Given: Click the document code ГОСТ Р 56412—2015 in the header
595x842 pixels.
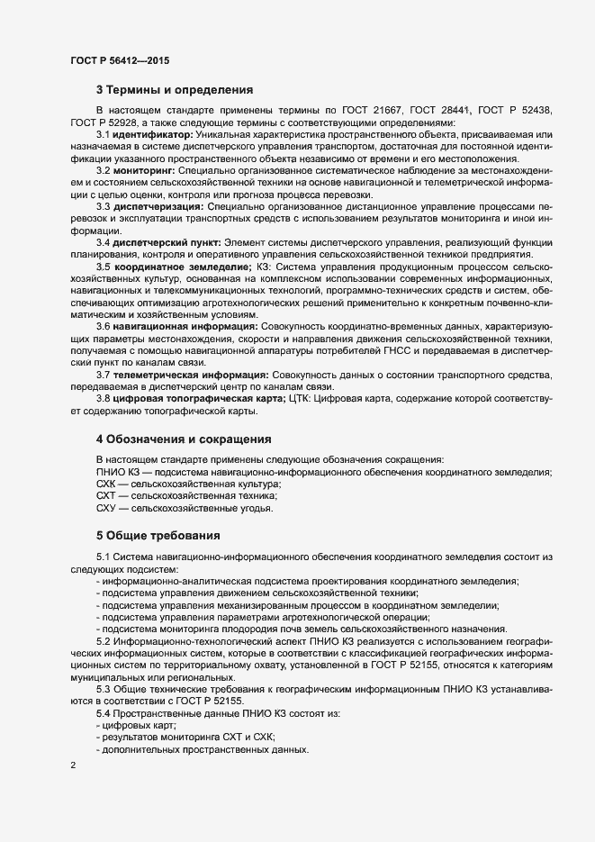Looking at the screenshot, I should pyautogui.click(x=119, y=61).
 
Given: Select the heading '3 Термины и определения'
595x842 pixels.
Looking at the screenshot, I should pyautogui.click(x=174, y=89).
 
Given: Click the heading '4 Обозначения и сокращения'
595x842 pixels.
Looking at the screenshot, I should pyautogui.click(x=184, y=439).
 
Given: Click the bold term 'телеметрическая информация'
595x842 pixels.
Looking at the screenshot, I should pyautogui.click(x=190, y=375).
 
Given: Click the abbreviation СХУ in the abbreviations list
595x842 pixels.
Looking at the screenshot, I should pyautogui.click(x=107, y=509).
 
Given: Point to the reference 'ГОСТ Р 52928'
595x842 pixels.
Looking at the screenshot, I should pyautogui.click(x=105, y=122).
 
